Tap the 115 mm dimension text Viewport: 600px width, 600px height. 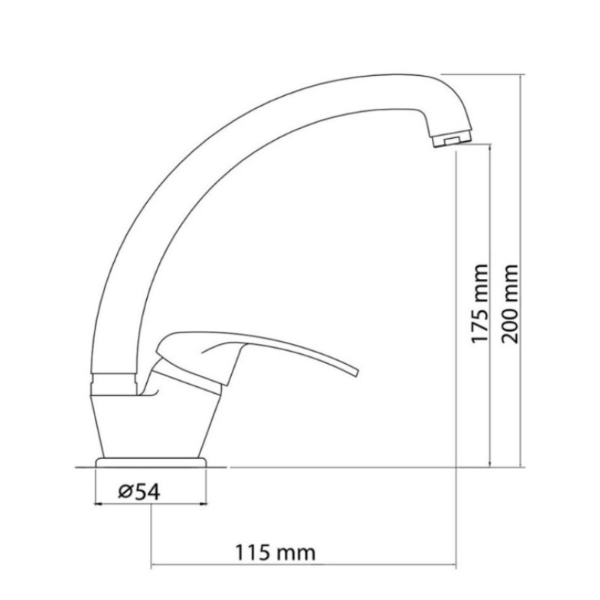275,553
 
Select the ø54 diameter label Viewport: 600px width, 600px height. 137,492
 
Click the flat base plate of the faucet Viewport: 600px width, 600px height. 151,460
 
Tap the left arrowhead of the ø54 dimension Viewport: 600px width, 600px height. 100,503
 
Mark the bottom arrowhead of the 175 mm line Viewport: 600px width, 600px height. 490,463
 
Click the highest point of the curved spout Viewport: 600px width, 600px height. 375,74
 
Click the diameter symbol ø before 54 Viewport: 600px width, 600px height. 125,492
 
